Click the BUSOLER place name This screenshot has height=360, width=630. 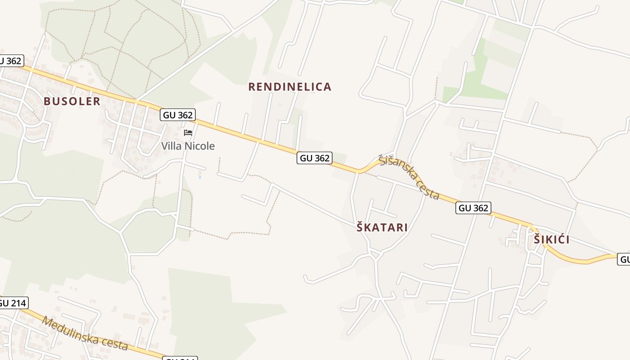pyautogui.click(x=72, y=101)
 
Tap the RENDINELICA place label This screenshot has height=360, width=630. pyautogui.click(x=290, y=87)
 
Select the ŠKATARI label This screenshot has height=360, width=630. pyautogui.click(x=382, y=228)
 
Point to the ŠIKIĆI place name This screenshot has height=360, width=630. pyautogui.click(x=552, y=240)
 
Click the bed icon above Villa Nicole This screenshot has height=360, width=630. pyautogui.click(x=188, y=133)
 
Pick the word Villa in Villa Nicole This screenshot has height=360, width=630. pyautogui.click(x=171, y=146)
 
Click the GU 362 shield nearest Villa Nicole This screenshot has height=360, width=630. pyautogui.click(x=178, y=115)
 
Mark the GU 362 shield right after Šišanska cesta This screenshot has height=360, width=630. pyautogui.click(x=473, y=208)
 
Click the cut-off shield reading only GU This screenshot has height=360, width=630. pyautogui.click(x=624, y=259)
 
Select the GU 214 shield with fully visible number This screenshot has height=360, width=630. pyautogui.click(x=12, y=303)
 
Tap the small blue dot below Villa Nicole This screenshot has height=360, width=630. pyautogui.click(x=200, y=177)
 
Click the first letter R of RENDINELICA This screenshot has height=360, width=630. pyautogui.click(x=252, y=87)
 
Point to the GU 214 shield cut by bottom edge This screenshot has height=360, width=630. pyautogui.click(x=180, y=358)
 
